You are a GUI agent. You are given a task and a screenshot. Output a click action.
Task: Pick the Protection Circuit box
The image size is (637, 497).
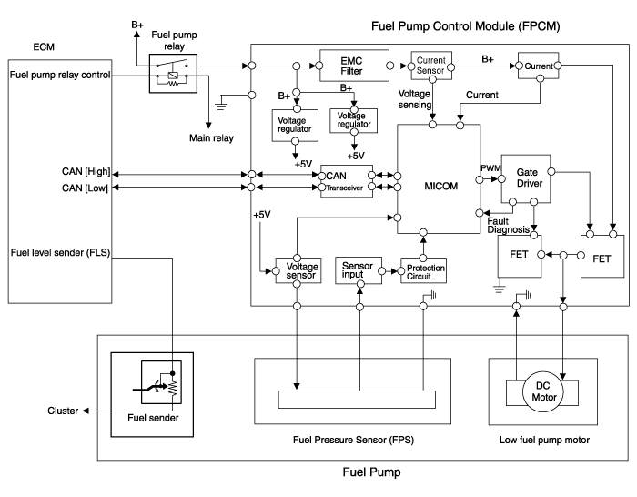pyautogui.click(x=425, y=271)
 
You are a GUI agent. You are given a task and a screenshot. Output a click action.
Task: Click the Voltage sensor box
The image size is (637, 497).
pyautogui.click(x=296, y=270)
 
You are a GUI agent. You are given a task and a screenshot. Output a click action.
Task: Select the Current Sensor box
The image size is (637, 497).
pyautogui.click(x=429, y=66)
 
